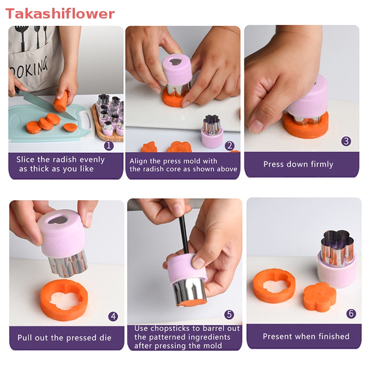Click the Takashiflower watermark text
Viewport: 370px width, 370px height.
(x=60, y=14)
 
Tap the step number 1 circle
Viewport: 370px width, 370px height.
(x=109, y=146)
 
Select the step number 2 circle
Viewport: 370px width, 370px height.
(x=229, y=146)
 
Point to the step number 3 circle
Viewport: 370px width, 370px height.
(x=346, y=141)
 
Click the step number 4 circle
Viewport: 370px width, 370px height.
(x=113, y=316)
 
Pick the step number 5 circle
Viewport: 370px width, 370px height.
(x=229, y=314)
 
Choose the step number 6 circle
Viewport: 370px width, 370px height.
(x=351, y=314)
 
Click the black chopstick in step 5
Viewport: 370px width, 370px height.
(x=184, y=235)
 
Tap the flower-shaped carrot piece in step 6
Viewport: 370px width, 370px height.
(x=320, y=296)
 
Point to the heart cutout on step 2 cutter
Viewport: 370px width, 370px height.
(x=175, y=62)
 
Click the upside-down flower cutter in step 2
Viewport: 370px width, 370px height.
(x=212, y=131)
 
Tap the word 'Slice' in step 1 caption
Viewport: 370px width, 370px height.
(x=25, y=160)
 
